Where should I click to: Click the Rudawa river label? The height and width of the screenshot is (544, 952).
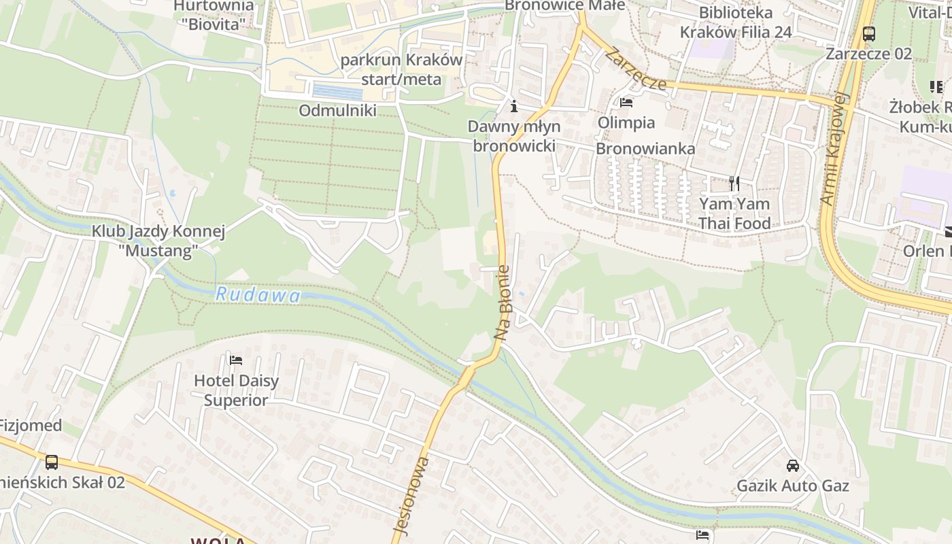click(258, 295)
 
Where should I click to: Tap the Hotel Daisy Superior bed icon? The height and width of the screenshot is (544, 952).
click(236, 360)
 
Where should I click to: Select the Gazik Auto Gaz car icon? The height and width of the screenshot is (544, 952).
click(793, 466)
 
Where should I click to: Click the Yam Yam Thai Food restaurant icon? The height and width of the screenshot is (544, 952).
click(734, 183)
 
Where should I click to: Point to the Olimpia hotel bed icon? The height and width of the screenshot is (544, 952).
click(626, 103)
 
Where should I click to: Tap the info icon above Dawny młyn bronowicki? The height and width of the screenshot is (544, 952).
click(514, 106)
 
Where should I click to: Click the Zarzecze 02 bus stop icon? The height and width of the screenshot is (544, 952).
click(868, 33)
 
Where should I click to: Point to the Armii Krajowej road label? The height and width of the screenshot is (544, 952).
click(836, 149)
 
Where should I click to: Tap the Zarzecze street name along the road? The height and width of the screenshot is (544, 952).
click(637, 69)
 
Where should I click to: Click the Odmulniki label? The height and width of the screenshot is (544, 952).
click(337, 110)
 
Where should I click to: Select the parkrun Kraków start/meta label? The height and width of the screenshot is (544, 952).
click(401, 69)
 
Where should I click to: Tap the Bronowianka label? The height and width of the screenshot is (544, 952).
click(645, 149)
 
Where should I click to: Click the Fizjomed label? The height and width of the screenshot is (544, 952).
click(31, 426)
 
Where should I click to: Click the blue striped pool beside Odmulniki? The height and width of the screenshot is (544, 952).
click(337, 92)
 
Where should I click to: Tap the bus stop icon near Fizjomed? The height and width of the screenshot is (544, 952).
click(52, 462)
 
